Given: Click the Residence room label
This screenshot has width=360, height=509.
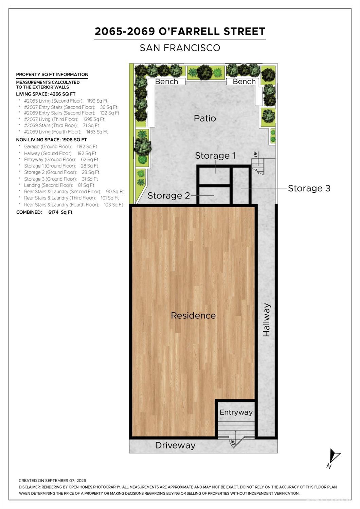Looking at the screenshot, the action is point(193,316).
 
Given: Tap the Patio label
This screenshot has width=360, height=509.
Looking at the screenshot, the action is point(205,118).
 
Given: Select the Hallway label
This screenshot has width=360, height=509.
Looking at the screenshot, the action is point(266,320).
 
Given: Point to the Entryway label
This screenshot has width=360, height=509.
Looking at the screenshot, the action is point(236,413).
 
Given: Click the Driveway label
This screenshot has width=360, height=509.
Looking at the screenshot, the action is point(175,445).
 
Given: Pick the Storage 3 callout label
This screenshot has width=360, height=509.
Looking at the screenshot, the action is point(309,188).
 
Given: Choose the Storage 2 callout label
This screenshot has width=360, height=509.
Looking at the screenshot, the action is point(168,196).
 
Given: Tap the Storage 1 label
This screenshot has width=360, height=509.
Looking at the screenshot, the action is point(215,156).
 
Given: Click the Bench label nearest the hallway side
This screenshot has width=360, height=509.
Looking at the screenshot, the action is point(244,81).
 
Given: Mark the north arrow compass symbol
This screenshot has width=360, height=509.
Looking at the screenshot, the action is point(334,457).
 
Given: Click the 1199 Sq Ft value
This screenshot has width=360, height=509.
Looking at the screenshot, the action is point(97,101).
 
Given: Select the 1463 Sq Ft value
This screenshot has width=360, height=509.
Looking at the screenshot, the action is point(97,132).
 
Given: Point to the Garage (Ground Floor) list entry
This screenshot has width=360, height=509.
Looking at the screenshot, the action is point(48,147).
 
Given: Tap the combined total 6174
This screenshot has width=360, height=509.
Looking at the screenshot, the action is point(53,212).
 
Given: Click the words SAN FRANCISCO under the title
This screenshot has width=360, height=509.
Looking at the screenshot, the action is point(180,48).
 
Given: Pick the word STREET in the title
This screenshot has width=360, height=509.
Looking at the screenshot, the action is point(245,31).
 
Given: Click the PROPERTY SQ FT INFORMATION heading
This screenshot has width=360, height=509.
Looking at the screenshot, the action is point(52,74).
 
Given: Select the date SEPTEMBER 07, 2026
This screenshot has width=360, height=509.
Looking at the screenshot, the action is point(66,480).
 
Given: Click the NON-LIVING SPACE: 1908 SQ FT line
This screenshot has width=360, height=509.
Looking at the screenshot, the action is point(51,140).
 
